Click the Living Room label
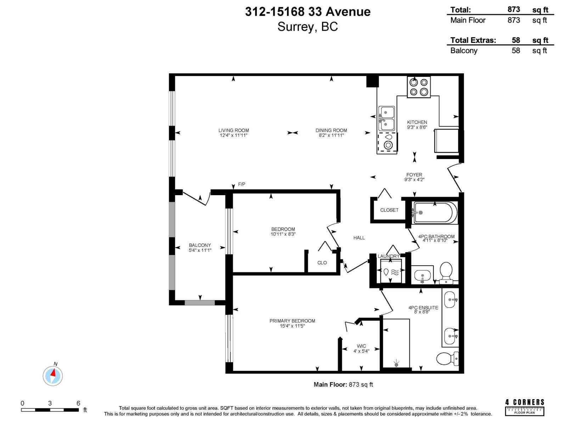pos(234,130)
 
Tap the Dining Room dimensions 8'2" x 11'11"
pos(331,135)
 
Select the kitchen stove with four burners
pos(419,87)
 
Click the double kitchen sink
pos(387,119)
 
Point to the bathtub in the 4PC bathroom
pos(435,213)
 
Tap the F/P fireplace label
pos(241,184)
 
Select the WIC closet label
pos(361,346)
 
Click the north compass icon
pos(53,376)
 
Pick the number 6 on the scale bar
pos(78,403)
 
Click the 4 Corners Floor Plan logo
pos(524,407)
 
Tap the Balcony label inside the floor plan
pos(200,245)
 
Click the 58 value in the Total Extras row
pos(516,40)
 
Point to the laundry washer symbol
pos(391,272)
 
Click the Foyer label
pos(414,175)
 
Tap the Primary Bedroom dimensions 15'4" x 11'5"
pos(292,326)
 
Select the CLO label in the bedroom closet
pos(322,262)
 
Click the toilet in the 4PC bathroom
pos(446,271)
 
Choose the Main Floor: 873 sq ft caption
pos(343,384)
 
